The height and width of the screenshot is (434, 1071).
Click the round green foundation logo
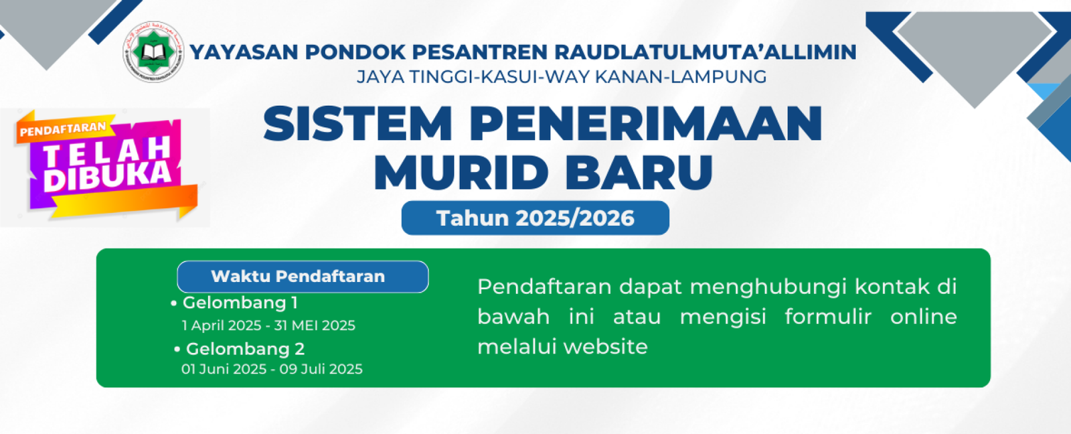(153, 52)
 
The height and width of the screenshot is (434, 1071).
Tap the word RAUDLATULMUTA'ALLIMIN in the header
(706, 52)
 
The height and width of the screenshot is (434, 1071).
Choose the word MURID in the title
(461, 172)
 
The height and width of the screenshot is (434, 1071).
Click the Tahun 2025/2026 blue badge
(535, 218)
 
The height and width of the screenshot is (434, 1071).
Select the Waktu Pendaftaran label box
(303, 277)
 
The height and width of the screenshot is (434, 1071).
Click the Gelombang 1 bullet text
(240, 303)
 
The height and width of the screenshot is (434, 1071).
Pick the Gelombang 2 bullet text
(245, 349)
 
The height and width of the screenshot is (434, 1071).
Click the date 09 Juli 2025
(321, 369)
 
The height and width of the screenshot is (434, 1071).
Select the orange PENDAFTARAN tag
(63, 129)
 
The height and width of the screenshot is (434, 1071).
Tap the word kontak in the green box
(892, 287)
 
